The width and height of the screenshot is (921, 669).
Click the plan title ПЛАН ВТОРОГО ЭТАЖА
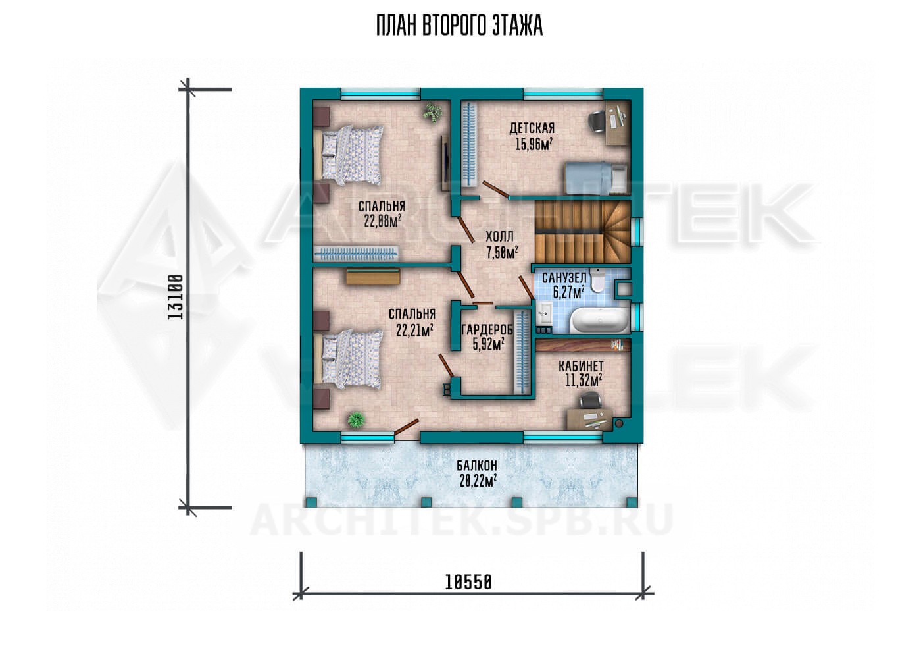(x=460, y=26)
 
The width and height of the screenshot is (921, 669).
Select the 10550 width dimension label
(x=468, y=582)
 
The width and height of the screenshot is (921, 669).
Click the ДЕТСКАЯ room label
(x=532, y=128)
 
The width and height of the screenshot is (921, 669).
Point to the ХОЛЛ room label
(x=499, y=237)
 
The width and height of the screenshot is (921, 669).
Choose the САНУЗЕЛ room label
(x=564, y=278)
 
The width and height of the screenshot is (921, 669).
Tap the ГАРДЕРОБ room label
(x=488, y=330)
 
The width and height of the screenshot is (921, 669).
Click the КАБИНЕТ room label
(x=581, y=365)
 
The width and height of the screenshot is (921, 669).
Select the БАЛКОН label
(x=477, y=466)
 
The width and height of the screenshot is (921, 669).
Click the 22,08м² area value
(x=382, y=221)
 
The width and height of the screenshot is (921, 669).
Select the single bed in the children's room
(x=596, y=178)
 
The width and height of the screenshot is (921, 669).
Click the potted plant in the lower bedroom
(x=356, y=419)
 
